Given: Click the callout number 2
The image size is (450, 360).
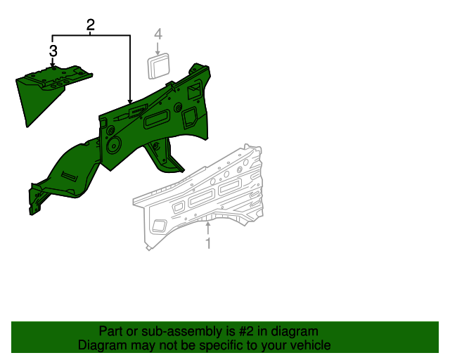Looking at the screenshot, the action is click(x=91, y=25).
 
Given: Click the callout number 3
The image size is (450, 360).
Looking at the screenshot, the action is click(x=53, y=51).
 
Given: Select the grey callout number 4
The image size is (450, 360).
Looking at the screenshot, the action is click(x=158, y=34).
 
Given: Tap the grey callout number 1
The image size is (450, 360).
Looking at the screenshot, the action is click(x=208, y=243).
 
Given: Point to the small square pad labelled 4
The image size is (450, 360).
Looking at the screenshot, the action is click(x=158, y=65).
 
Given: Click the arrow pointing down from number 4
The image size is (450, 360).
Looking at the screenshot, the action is click(x=157, y=49).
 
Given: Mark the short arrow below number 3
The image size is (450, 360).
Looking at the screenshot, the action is click(x=53, y=62).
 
